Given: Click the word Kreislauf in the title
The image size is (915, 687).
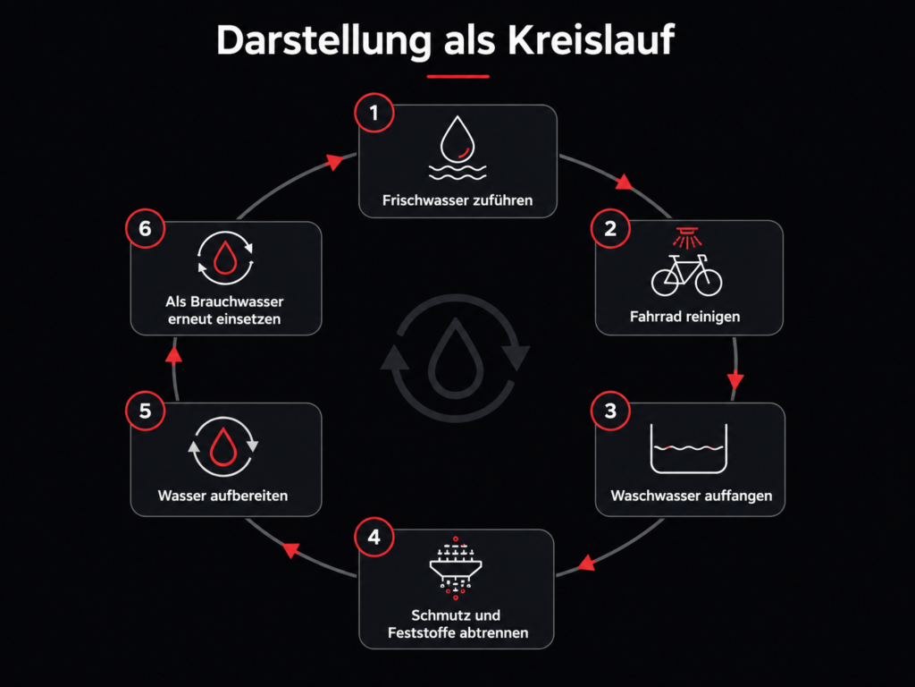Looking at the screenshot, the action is [x=591, y=40].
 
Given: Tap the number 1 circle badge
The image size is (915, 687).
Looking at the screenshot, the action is [x=374, y=113].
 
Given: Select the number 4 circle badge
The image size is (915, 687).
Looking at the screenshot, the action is [x=374, y=537].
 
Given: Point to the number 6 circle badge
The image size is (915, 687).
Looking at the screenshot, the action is [x=146, y=228].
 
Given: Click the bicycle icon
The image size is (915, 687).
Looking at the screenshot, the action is [x=687, y=276].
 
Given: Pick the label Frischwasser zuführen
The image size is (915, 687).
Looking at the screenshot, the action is [x=457, y=200].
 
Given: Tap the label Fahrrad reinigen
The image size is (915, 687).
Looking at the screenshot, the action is [x=685, y=317].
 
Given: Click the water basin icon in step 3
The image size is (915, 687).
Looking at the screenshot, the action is [x=689, y=448].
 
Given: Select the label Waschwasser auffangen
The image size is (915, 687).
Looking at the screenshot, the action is [x=692, y=496].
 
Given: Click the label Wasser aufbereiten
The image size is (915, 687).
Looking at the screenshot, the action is [x=222, y=496].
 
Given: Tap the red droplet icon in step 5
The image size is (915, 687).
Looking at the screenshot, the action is [x=222, y=447].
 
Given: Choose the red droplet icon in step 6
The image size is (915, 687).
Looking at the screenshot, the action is [x=225, y=258].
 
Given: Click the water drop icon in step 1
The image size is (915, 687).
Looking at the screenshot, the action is [x=457, y=139].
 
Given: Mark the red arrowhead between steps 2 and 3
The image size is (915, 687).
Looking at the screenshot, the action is [x=735, y=381].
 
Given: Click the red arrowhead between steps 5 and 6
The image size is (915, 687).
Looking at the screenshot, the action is [x=174, y=355].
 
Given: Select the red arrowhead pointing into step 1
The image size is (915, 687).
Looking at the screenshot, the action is [x=335, y=161].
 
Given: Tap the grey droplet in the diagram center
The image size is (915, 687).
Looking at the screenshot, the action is [x=456, y=358].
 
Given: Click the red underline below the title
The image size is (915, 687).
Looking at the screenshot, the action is [x=458, y=76].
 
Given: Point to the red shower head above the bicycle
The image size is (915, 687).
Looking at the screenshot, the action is [x=687, y=237].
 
